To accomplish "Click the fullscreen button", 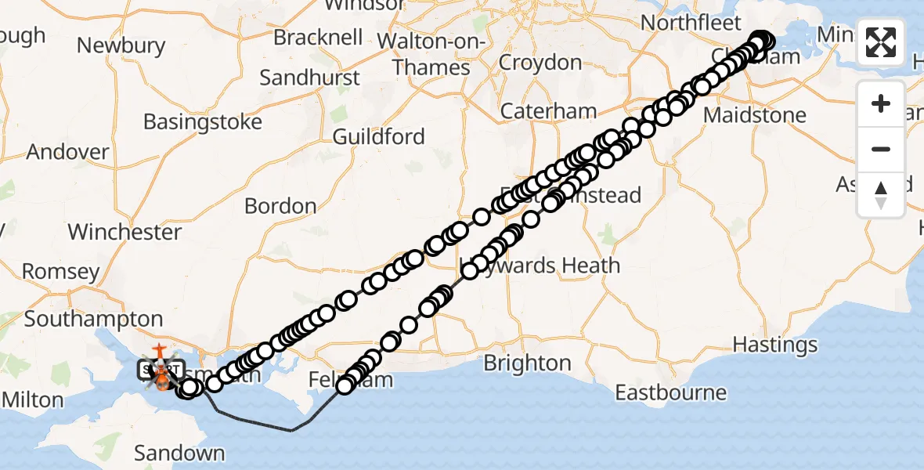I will coord(881,42).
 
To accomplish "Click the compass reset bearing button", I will coord(881,195).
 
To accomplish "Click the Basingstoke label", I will coord(202,122).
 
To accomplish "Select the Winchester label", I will coord(125,232).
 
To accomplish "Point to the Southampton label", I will coord(93,319).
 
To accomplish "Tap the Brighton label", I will coord(527,363).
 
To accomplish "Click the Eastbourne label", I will coord(670,392).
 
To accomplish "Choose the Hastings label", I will coord(775,345).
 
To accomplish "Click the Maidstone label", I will coord(754,115).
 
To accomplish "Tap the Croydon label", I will coord(540,62).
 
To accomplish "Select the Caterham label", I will coord(548,111).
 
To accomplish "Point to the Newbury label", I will coord(121,45).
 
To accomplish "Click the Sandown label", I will coord(179,453).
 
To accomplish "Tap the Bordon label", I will coord(280,206).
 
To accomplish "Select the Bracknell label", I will coord(317,37).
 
